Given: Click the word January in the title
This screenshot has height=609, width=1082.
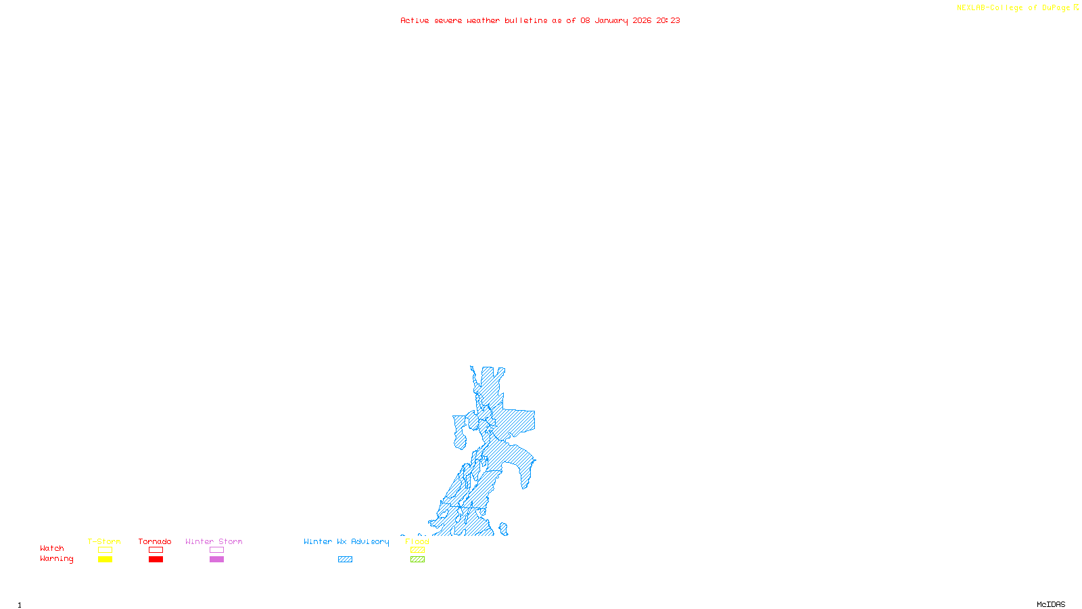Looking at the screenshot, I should (x=611, y=20).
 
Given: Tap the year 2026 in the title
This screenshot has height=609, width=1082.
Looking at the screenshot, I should (x=642, y=20).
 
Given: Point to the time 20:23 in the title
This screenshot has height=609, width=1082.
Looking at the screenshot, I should (x=668, y=20).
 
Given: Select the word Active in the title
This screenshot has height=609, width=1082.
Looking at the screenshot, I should (x=415, y=20).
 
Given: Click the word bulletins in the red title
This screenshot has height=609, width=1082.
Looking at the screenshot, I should (x=526, y=20).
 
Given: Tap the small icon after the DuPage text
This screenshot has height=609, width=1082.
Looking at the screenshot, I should (x=1076, y=7).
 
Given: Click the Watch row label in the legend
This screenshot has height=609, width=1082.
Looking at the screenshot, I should (x=52, y=548).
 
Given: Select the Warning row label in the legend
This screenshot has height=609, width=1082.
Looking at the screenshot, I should (x=56, y=559).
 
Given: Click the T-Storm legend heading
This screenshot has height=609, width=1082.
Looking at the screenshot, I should (x=104, y=541).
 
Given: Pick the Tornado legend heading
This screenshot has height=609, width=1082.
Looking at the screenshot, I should (x=155, y=541).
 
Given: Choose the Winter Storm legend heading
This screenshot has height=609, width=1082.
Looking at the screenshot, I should (x=214, y=541).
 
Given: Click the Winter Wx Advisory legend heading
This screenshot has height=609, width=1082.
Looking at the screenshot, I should (x=346, y=541).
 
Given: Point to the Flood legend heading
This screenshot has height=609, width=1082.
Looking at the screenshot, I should (x=417, y=541).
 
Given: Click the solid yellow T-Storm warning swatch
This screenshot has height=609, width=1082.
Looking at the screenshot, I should (x=105, y=560).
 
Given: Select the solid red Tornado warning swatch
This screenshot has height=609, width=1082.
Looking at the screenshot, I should (x=156, y=560).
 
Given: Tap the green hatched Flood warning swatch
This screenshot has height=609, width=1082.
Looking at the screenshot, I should (x=418, y=560).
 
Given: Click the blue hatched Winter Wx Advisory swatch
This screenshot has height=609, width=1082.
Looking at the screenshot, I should (x=345, y=560).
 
